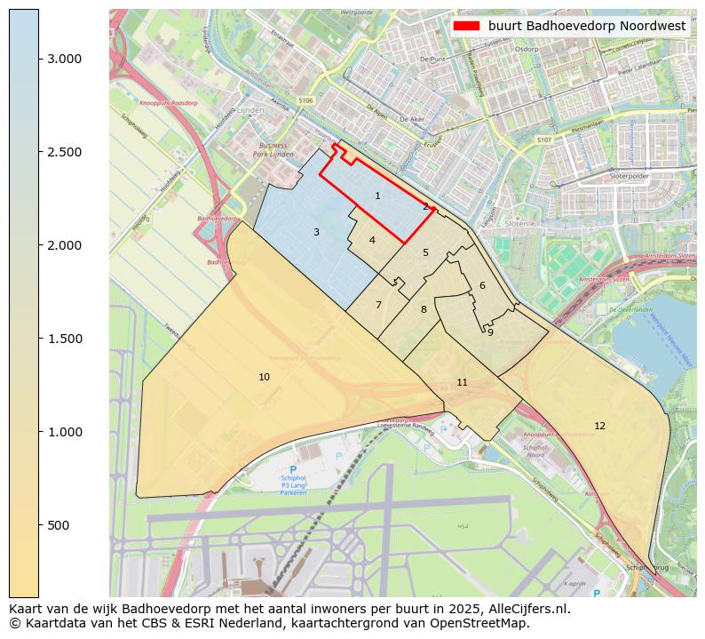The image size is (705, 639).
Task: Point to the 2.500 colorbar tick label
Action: click(64, 152)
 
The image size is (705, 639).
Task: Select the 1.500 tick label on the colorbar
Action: click(64, 339)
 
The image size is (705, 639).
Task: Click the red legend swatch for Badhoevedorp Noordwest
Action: click(466, 26)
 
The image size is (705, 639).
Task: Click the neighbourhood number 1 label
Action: click(377, 196)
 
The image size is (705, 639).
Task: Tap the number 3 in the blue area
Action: click(316, 232)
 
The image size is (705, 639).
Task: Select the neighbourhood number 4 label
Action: click(372, 240)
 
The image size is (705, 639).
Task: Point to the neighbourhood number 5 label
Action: click(425, 252)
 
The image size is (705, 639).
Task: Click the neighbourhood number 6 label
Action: click(482, 285)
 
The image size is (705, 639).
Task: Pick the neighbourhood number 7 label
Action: click(378, 305)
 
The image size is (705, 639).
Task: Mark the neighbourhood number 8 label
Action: click(424, 309)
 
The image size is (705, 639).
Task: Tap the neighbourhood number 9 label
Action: click(490, 332)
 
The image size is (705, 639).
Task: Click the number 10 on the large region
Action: click(264, 377)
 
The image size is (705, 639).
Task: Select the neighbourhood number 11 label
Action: click(462, 382)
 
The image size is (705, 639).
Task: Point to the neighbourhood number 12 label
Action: click(599, 426)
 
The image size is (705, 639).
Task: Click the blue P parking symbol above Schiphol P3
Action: click(293, 470)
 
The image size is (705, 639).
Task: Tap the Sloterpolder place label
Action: click(630, 176)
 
